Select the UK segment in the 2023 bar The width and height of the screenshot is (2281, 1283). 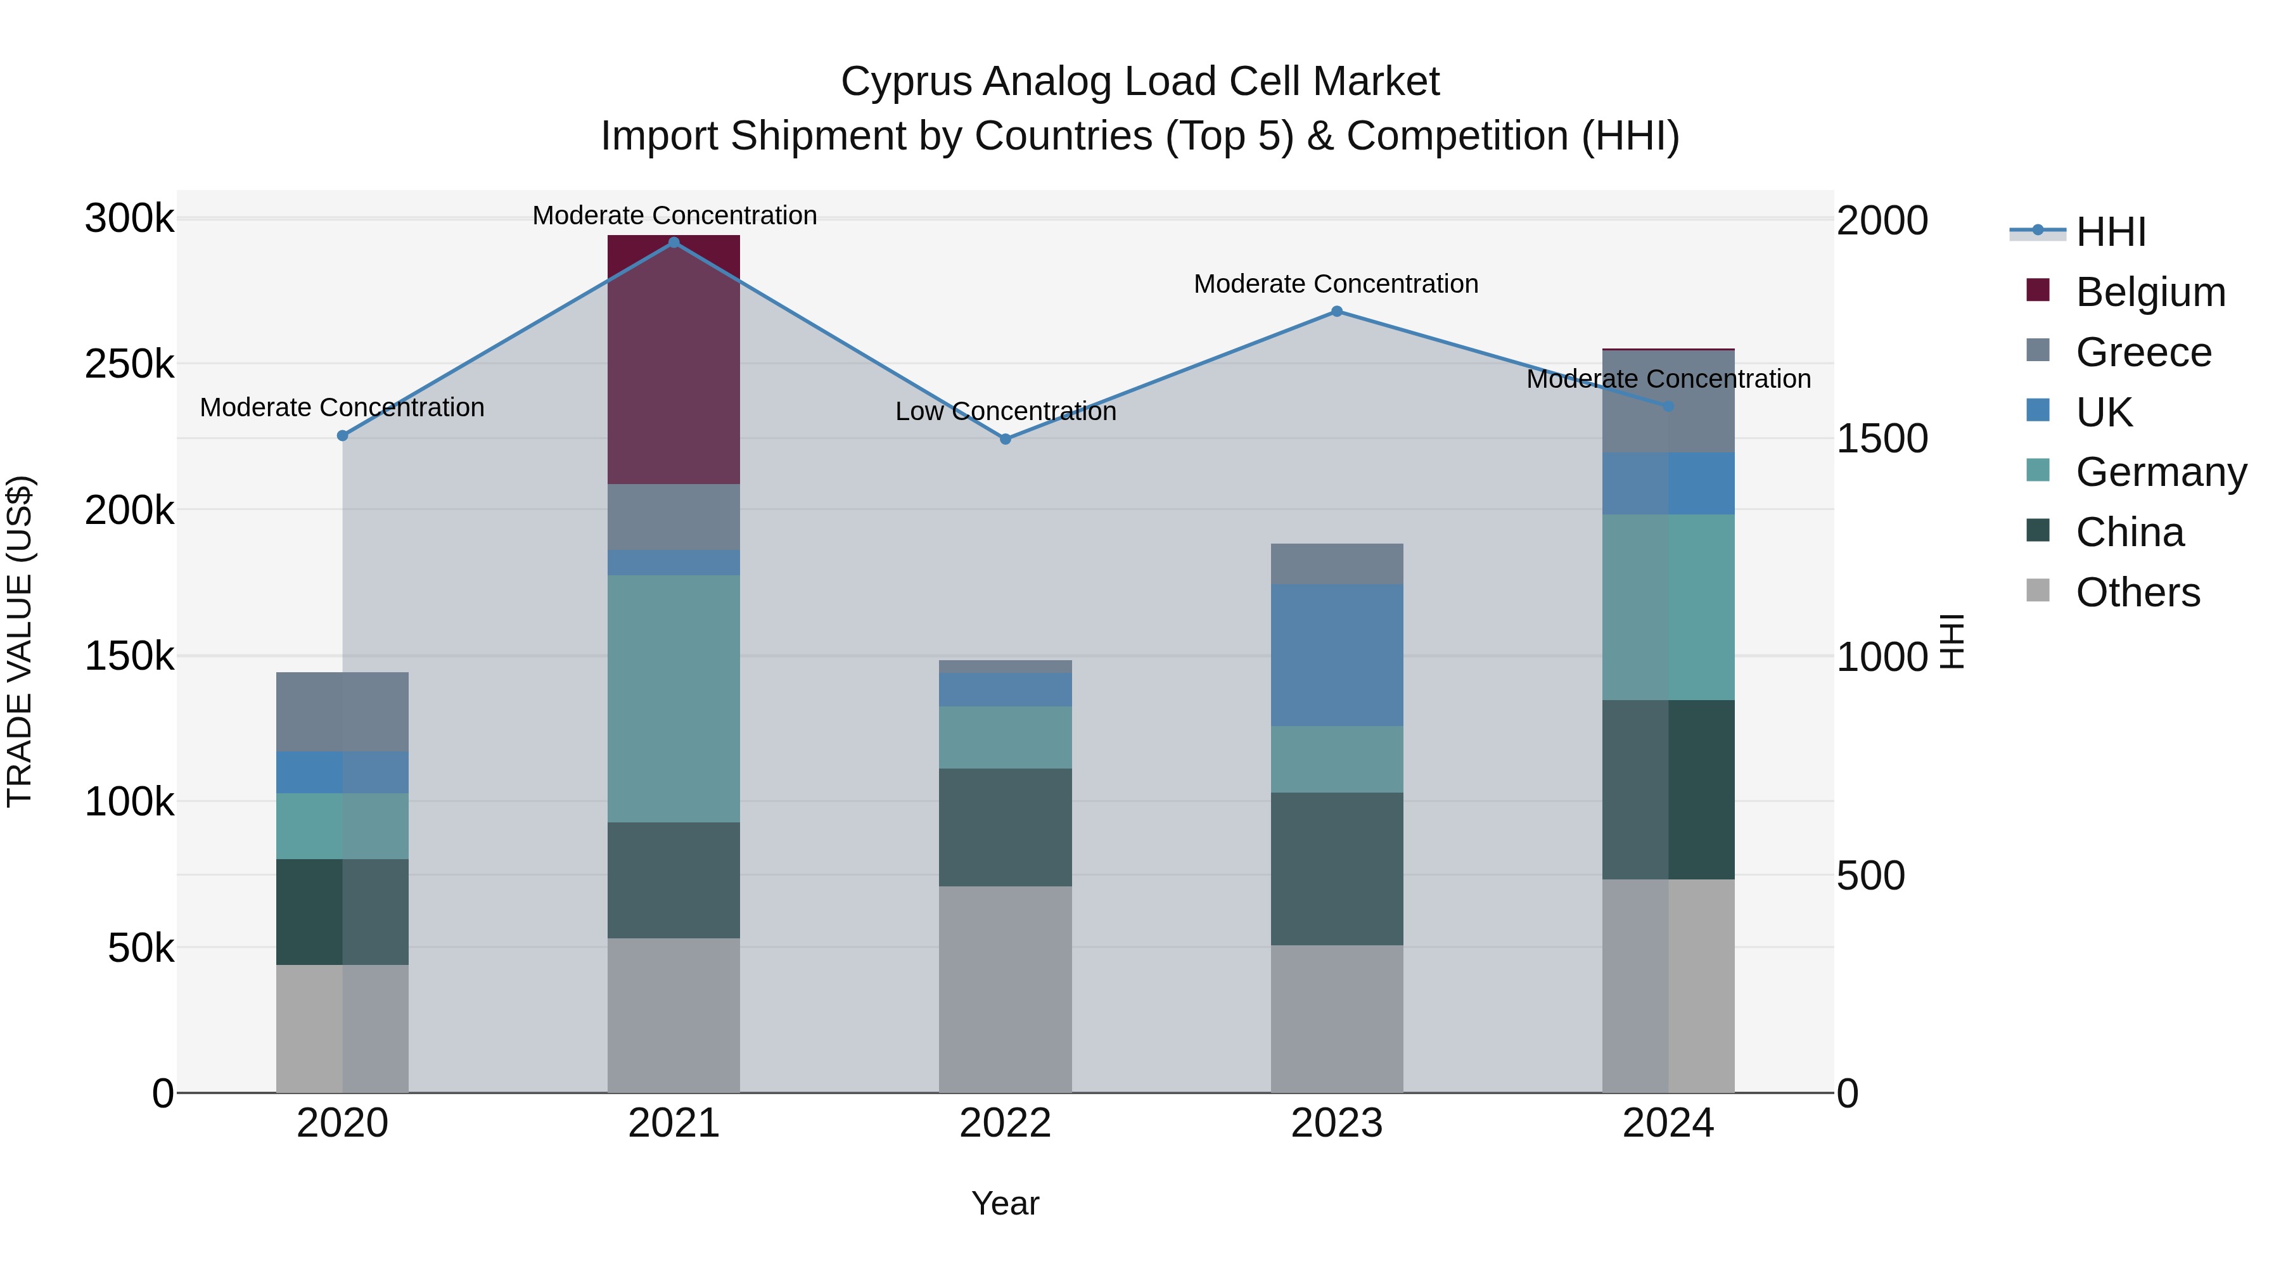(1336, 655)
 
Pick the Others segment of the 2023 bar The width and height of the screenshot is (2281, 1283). (1336, 1018)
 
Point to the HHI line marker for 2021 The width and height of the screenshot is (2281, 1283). (674, 243)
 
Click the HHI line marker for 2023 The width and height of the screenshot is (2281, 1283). (1337, 312)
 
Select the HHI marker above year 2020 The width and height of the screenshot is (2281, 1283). (343, 436)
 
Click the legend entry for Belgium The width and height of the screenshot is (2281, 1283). (2150, 292)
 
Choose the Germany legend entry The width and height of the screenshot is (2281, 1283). (2161, 472)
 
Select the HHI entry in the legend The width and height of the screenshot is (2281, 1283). (2111, 232)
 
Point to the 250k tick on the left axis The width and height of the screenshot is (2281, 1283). (129, 364)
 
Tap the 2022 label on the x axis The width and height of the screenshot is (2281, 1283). (1005, 1123)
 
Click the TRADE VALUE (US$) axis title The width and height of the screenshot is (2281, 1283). (20, 641)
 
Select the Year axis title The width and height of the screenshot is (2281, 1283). (1005, 1203)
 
